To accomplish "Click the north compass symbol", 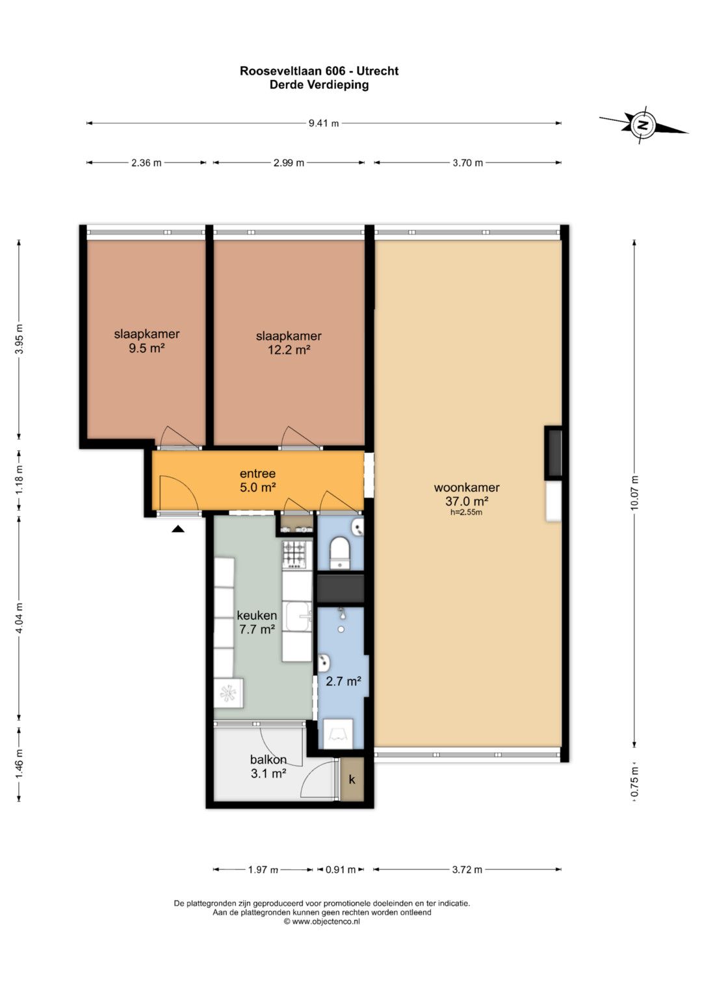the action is tap(642, 125).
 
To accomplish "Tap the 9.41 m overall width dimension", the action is tap(324, 123).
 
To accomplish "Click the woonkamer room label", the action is tap(467, 488).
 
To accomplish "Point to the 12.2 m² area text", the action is tap(289, 350).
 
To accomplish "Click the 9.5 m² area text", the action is tap(147, 348).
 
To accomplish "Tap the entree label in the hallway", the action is tap(257, 474).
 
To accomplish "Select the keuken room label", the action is tap(257, 615).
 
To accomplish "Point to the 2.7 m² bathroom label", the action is tap(343, 681).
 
